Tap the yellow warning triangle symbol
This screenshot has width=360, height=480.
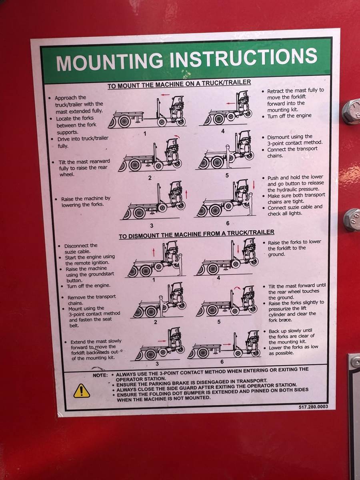click(x=82, y=391)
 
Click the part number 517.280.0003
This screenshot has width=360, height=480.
click(x=313, y=406)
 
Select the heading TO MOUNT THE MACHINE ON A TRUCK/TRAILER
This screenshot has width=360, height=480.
click(x=179, y=84)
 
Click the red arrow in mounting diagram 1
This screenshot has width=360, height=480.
click(x=166, y=95)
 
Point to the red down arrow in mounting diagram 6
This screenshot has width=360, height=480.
click(x=254, y=185)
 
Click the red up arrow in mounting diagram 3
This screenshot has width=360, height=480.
click(x=186, y=194)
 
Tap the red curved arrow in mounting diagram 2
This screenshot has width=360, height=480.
click(x=177, y=136)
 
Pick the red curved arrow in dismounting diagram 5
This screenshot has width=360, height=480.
click(x=237, y=289)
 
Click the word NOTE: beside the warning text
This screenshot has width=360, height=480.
click(x=100, y=375)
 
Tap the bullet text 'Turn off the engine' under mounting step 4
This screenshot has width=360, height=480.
click(x=289, y=116)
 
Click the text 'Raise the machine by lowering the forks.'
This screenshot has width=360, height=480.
click(x=86, y=202)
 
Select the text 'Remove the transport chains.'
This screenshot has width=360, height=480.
click(x=92, y=300)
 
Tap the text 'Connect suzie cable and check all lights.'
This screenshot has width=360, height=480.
click(x=295, y=210)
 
